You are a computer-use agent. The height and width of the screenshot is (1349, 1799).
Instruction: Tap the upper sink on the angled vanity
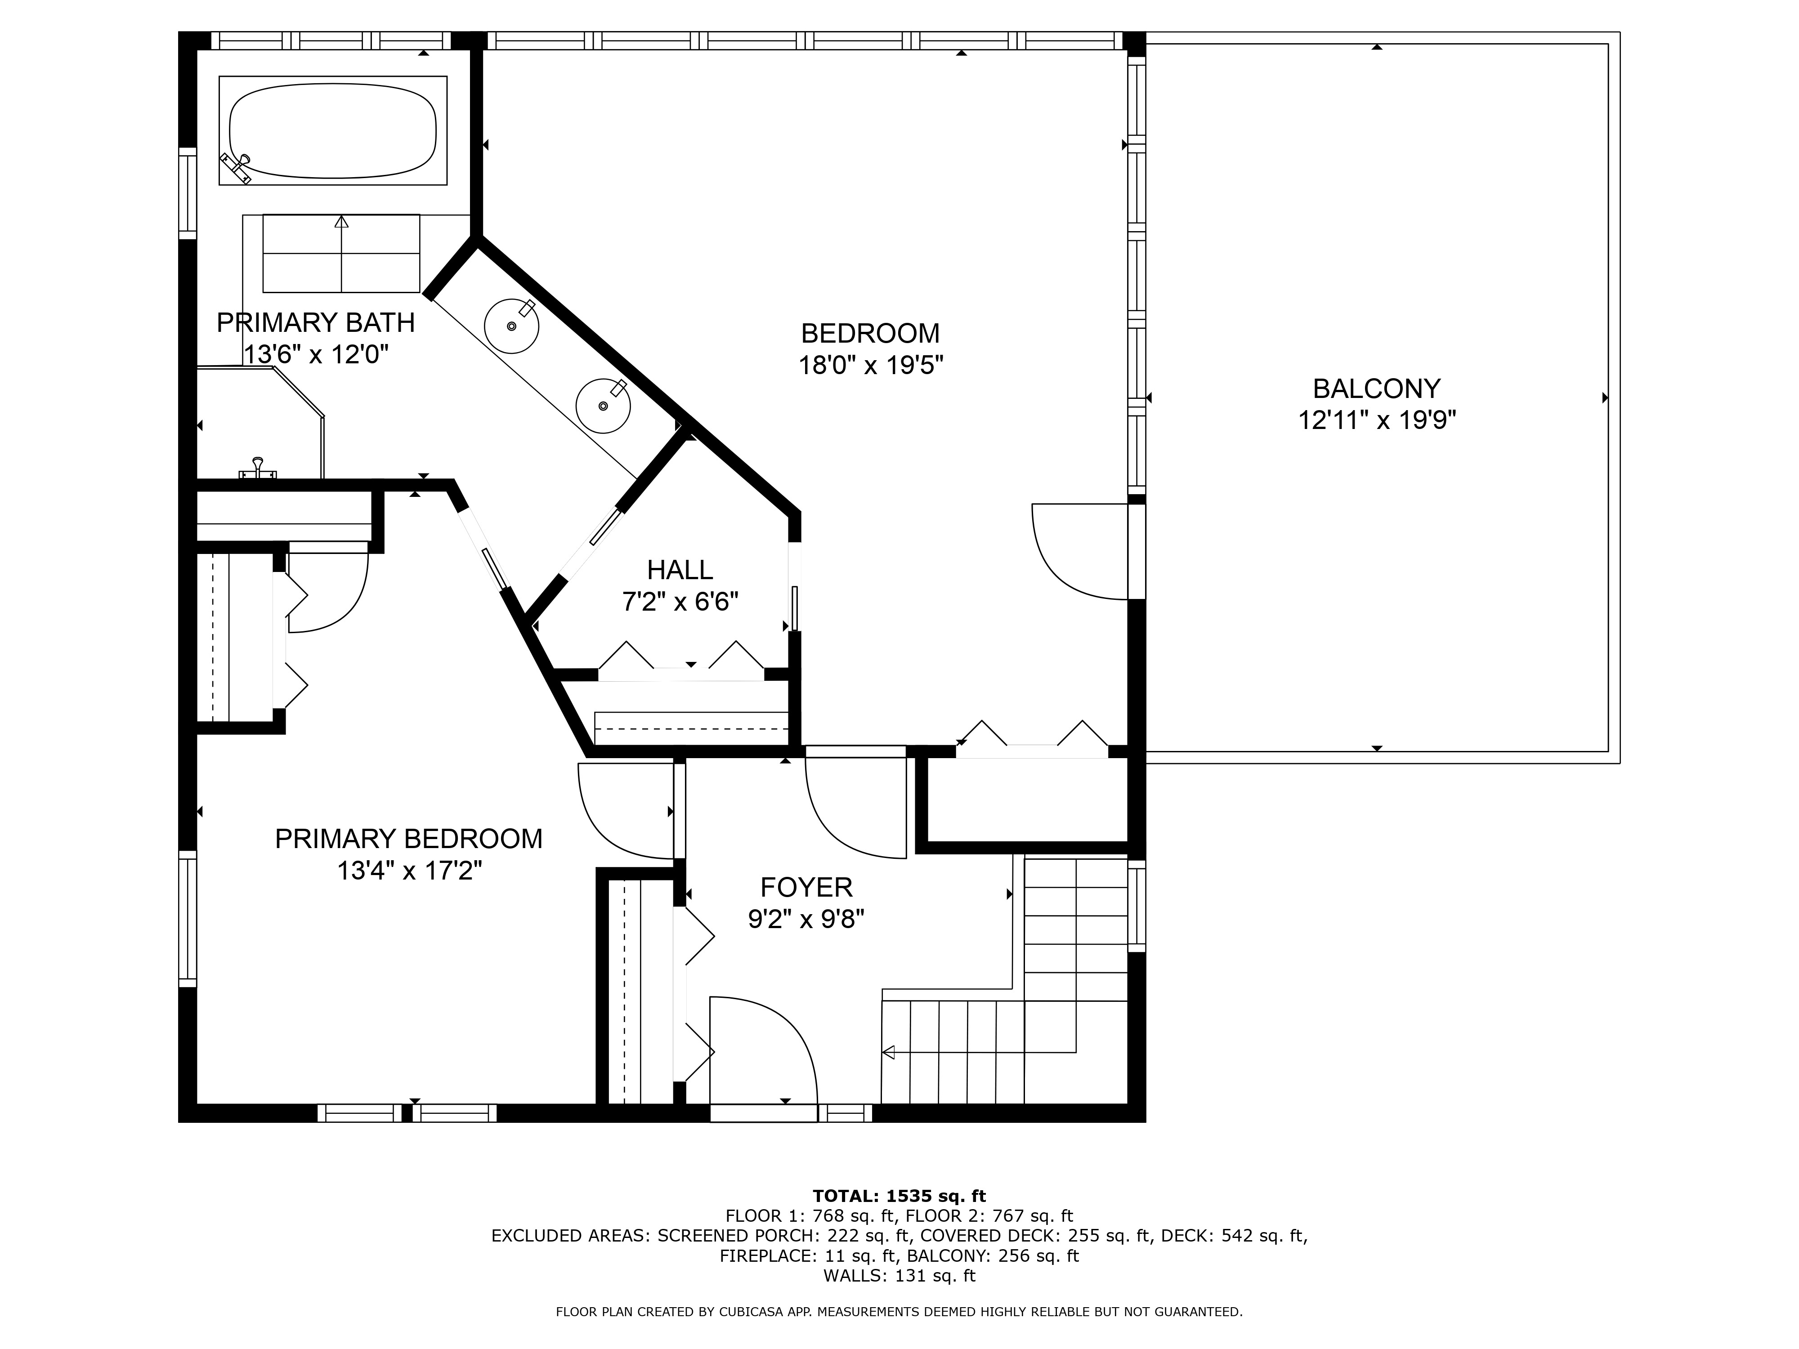(511, 325)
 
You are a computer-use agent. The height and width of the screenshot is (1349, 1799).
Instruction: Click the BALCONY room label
(1376, 389)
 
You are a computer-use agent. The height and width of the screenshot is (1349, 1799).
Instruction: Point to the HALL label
(680, 569)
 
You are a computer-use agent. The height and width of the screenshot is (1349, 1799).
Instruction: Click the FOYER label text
(806, 886)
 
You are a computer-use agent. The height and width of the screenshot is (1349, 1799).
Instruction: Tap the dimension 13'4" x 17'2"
(409, 871)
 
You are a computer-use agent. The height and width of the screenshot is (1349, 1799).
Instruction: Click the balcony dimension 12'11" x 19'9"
(1376, 420)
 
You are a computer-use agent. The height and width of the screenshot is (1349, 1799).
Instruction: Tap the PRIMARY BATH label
(316, 323)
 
